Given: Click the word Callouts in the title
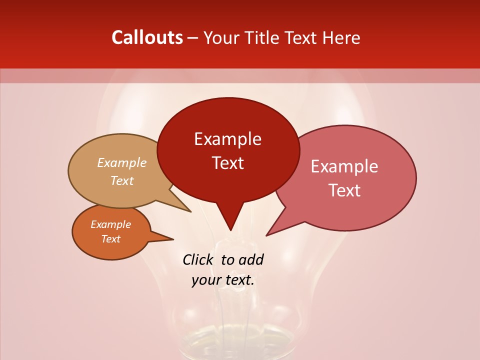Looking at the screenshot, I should pyautogui.click(x=147, y=37).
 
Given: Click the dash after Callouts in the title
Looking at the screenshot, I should pyautogui.click(x=193, y=38).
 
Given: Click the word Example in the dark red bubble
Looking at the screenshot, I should pyautogui.click(x=227, y=139).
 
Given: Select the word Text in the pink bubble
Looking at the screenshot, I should pyautogui.click(x=344, y=190).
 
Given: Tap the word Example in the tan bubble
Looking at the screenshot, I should pyautogui.click(x=121, y=163).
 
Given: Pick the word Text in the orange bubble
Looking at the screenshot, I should pyautogui.click(x=110, y=239).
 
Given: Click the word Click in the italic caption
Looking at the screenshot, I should pyautogui.click(x=198, y=259).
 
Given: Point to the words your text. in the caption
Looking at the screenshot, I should pyautogui.click(x=223, y=280).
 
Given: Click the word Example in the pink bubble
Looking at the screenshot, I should pyautogui.click(x=344, y=166).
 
